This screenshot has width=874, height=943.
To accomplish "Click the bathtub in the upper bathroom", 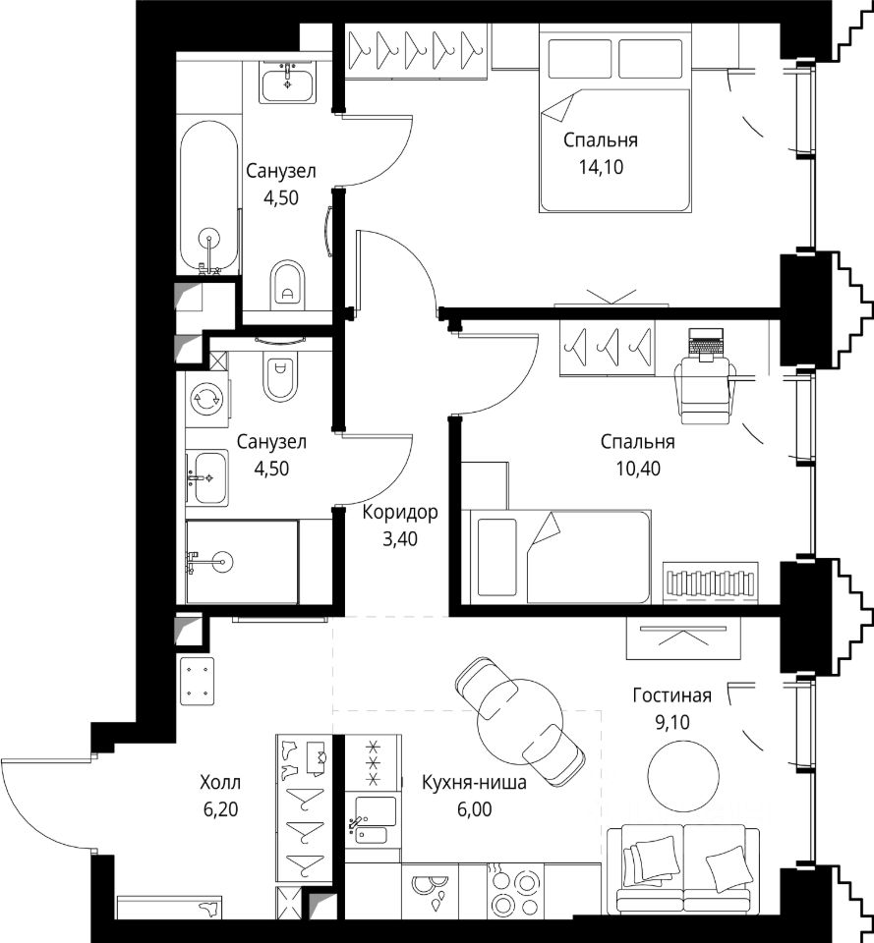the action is click(208, 197).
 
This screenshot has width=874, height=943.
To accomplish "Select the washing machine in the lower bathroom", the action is click(205, 398).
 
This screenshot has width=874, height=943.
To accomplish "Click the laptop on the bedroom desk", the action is click(706, 345).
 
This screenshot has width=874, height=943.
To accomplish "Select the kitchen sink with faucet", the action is click(375, 819).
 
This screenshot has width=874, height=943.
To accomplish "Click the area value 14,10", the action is click(601, 167).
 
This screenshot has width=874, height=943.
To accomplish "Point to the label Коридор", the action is click(400, 513).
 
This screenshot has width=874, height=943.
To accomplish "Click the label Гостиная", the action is click(671, 695).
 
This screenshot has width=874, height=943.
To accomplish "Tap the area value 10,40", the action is click(638, 468).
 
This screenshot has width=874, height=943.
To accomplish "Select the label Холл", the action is click(220, 783).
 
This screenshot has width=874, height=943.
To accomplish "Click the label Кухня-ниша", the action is click(474, 783).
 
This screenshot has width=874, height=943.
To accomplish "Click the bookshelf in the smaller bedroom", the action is click(710, 582).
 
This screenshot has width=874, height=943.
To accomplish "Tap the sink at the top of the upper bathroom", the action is click(288, 84).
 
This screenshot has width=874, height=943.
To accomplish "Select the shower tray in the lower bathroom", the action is click(242, 562).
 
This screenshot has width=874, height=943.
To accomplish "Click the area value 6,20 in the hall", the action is click(220, 809).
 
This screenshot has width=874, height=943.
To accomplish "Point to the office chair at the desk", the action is click(706, 388).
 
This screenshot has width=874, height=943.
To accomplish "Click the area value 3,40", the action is click(400, 539).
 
